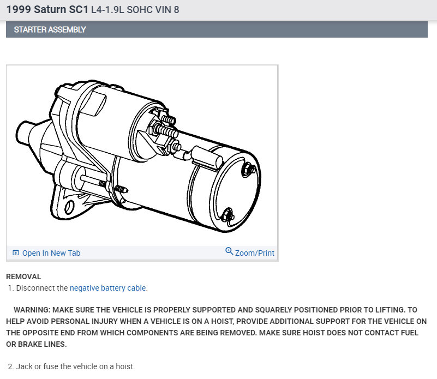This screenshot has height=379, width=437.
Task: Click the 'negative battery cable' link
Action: (108, 288)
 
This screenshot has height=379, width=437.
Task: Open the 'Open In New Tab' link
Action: (51, 253)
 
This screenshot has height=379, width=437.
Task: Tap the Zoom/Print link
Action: (254, 253)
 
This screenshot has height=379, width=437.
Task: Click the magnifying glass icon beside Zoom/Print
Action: (229, 251)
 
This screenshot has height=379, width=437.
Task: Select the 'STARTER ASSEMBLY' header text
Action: (50, 29)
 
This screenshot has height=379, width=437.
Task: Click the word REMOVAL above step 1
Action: (23, 276)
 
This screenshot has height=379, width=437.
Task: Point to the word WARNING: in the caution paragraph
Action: (32, 310)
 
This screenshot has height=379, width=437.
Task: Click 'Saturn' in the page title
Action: (50, 9)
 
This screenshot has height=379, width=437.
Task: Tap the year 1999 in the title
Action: (19, 9)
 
